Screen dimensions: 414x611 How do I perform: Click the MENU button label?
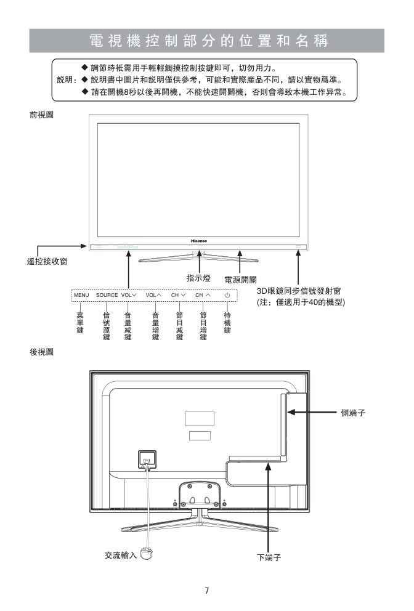pyautogui.click(x=81, y=295)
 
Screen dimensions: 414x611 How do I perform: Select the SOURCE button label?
pyautogui.click(x=107, y=295)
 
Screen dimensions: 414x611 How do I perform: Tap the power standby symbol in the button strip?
pyautogui.click(x=227, y=296)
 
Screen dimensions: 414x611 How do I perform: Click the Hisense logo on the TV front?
pyautogui.click(x=199, y=241)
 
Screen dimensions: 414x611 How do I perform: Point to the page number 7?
pyautogui.click(x=207, y=590)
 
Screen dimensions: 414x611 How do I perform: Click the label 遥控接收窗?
pyautogui.click(x=47, y=262)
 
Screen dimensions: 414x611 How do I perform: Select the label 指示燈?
pyautogui.click(x=198, y=278)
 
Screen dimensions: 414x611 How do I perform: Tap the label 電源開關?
pyautogui.click(x=240, y=280)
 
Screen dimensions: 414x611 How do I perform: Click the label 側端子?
pyautogui.click(x=353, y=413)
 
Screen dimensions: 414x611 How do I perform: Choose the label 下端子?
pyautogui.click(x=269, y=557)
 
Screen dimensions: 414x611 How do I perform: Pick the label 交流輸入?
pyautogui.click(x=121, y=555)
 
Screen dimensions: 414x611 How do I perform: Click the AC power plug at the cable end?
pyautogui.click(x=147, y=554)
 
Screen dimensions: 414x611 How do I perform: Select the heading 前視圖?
pyautogui.click(x=42, y=115)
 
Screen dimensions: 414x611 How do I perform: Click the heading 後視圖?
pyautogui.click(x=42, y=352)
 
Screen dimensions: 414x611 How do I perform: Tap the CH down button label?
pyautogui.click(x=178, y=295)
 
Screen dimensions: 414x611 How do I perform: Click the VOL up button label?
pyautogui.click(x=153, y=295)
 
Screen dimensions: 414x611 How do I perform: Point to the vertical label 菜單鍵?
pyautogui.click(x=80, y=323)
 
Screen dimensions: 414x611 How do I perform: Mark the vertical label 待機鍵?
pyautogui.click(x=227, y=323)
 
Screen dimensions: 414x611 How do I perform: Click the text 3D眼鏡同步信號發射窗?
pyautogui.click(x=299, y=291)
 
